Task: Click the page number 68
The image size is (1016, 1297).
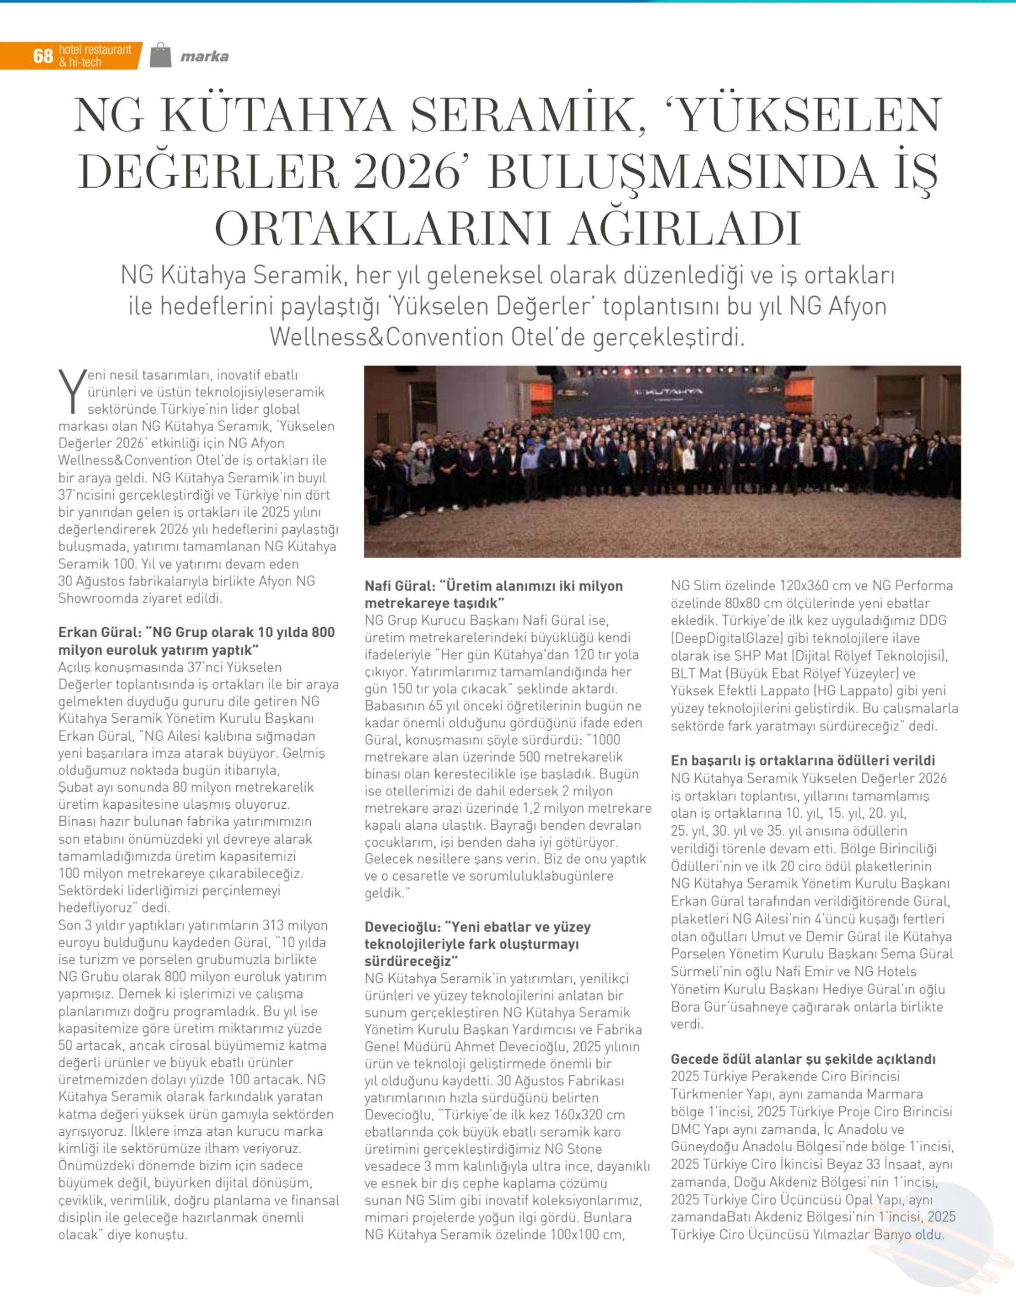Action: tap(43, 56)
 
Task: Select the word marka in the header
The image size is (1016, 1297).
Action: tap(205, 57)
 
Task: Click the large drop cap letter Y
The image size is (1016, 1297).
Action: tap(71, 391)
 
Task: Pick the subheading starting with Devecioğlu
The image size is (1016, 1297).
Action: tap(478, 944)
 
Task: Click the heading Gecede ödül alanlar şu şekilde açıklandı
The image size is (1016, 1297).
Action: tap(803, 1059)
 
